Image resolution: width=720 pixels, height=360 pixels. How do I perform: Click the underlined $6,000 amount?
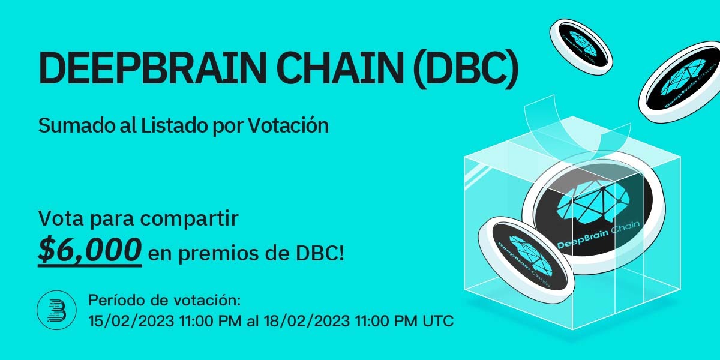pyautogui.click(x=90, y=248)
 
